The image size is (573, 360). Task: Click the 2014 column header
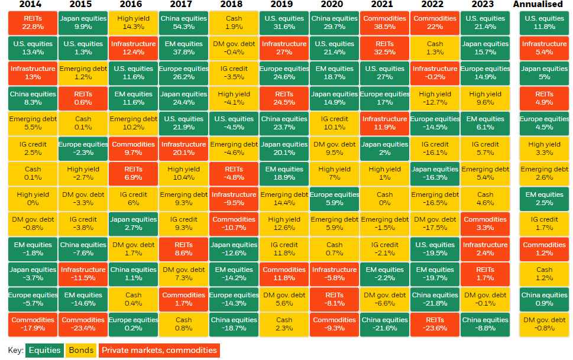coord(33,5)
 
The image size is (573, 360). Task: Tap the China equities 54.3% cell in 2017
coord(183,22)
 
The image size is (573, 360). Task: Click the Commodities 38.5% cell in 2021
coord(384,22)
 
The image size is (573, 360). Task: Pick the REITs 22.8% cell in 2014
coord(33,22)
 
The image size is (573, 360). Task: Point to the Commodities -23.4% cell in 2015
coord(83,324)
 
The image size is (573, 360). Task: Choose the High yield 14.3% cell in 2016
coord(133,22)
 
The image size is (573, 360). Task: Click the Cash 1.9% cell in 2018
coord(234,22)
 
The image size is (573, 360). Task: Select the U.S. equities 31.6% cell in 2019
coord(284,22)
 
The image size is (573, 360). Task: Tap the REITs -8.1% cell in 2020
coord(334,299)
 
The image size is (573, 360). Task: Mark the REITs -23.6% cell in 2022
coord(435,324)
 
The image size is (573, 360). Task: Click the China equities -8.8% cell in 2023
coord(485,324)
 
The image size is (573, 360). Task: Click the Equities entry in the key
coord(45,351)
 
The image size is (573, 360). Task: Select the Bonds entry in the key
coord(81,351)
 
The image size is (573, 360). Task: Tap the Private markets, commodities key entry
coord(159,351)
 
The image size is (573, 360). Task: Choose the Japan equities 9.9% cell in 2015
coord(83,22)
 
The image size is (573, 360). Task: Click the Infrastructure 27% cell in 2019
coord(284,48)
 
